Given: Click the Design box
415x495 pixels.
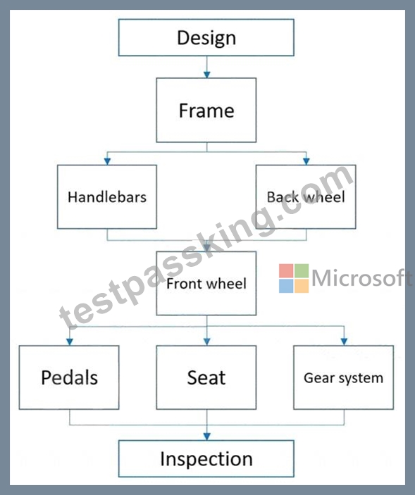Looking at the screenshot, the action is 206,37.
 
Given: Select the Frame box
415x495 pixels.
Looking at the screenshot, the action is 206,110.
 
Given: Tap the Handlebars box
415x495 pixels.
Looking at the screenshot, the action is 107,196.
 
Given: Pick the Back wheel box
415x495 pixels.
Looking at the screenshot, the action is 306,196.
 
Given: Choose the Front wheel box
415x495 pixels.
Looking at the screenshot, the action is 206,283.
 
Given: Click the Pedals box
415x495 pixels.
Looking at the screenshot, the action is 69,377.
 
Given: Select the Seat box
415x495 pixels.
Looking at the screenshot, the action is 206,377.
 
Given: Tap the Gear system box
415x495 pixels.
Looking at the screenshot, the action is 344,377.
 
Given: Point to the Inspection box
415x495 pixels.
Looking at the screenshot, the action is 206,458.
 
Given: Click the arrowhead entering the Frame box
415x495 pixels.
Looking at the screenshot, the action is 207,75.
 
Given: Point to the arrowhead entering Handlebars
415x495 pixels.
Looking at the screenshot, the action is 107,161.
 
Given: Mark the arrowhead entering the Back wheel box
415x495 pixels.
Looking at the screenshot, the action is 306,161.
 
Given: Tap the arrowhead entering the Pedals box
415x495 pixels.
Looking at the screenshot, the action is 70,342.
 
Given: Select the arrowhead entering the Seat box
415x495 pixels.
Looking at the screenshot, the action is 207,342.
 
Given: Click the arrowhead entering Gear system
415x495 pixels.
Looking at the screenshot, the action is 345,342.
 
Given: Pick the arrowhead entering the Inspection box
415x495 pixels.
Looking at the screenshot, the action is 207,437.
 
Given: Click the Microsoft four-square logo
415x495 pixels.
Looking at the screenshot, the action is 294,278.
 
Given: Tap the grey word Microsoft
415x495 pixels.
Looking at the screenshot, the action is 362,278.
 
